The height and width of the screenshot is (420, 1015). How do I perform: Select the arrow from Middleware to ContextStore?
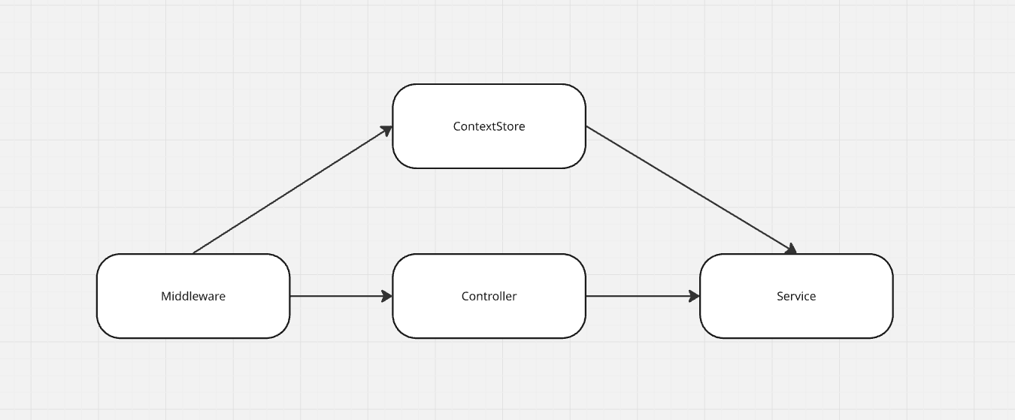pos(293,190)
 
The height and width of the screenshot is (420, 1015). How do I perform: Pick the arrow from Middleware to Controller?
pos(338,296)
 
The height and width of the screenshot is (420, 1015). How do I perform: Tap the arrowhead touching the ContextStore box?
pos(386,131)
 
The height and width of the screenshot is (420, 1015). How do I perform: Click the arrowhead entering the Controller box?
pos(386,296)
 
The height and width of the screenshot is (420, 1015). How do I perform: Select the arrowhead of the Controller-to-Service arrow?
pos(694,296)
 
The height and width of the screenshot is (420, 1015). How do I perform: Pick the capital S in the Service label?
pos(780,296)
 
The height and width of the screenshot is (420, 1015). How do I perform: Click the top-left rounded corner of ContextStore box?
pos(399,91)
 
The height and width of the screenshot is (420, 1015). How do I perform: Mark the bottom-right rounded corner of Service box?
pos(886,331)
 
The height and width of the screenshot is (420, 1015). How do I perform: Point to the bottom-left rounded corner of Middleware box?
pos(104,331)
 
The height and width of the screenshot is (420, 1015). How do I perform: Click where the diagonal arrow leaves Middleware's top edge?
pos(194,253)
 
